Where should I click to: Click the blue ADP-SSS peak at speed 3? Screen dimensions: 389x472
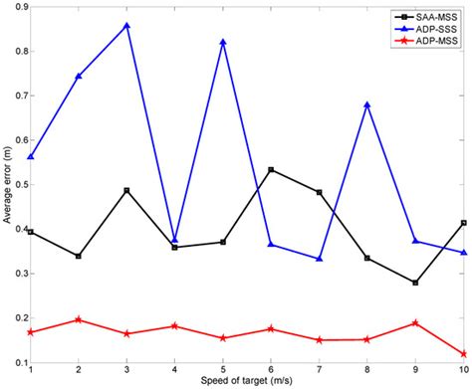tap(126, 25)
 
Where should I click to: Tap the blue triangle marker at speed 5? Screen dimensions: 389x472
tap(222, 42)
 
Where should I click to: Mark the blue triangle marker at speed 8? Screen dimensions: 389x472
tap(367, 104)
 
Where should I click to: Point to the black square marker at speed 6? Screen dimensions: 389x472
tap(271, 170)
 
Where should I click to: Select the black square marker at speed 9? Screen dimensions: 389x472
tap(415, 283)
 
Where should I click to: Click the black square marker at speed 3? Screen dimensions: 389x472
tap(126, 190)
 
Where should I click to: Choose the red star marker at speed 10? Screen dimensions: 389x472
tap(463, 353)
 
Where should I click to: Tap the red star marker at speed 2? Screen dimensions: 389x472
tap(79, 319)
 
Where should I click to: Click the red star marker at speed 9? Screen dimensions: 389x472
tap(415, 322)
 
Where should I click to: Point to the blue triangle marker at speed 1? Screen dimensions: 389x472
tap(31, 157)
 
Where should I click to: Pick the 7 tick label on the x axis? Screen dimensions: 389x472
tap(319, 370)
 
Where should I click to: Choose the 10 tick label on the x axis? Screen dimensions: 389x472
tap(461, 370)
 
